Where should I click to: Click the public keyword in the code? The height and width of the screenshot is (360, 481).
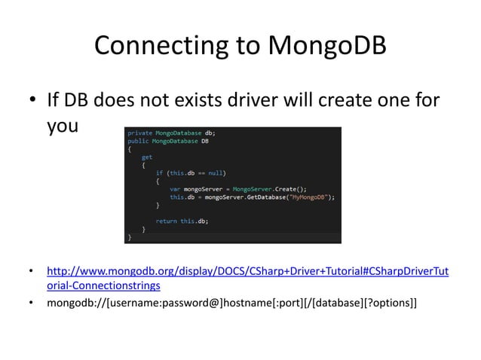(138, 141)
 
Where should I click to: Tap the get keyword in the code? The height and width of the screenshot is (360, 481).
(146, 157)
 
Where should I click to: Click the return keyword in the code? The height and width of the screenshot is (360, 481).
(167, 221)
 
